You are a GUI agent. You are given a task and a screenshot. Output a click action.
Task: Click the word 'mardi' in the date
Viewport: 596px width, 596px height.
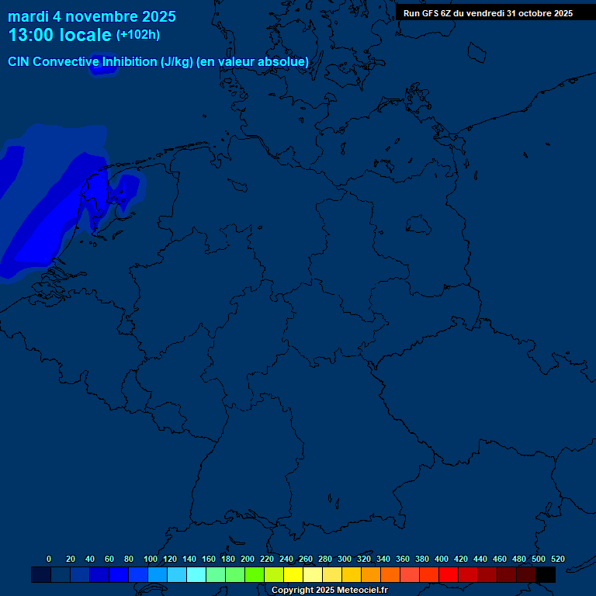[28, 16]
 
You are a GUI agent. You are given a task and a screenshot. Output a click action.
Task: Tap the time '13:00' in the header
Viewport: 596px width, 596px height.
[31, 35]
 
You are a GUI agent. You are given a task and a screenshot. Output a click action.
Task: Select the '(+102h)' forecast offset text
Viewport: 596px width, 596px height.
[138, 35]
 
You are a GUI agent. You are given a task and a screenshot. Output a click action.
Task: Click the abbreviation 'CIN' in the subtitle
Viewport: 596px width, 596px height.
[19, 62]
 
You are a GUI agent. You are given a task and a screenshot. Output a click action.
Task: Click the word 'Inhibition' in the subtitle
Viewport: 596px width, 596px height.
[126, 62]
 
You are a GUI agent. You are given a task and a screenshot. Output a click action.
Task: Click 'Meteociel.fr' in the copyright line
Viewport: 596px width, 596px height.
[357, 591]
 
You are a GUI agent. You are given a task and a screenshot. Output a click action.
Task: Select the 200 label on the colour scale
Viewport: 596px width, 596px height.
[248, 559]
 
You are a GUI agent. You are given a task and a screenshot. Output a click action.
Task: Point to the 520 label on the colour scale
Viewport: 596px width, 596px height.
[557, 559]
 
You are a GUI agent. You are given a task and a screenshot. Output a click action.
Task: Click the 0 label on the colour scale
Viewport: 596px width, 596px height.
[49, 559]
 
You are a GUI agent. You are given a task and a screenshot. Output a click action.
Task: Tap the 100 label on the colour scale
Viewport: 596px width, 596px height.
[151, 559]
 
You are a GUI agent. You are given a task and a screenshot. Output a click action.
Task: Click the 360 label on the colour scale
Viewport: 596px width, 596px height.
[403, 559]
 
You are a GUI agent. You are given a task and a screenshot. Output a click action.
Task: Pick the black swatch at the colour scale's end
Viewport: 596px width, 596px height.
[546, 575]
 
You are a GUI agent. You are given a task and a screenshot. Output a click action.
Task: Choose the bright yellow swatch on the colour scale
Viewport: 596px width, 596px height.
[293, 575]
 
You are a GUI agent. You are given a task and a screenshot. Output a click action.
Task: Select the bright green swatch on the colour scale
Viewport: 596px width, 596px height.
[255, 575]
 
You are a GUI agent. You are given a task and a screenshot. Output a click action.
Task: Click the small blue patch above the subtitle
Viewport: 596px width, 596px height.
[102, 67]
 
